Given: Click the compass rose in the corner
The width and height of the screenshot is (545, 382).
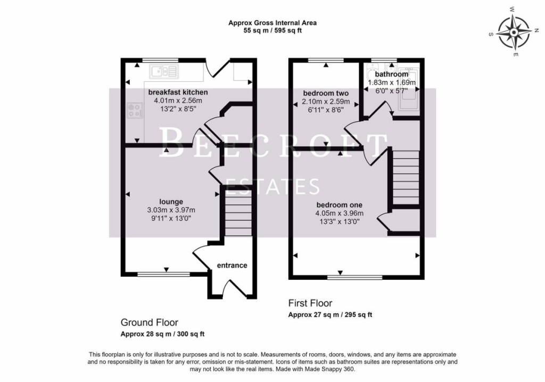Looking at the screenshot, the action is (514, 32).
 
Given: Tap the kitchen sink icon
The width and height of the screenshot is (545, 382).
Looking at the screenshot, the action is (164, 71).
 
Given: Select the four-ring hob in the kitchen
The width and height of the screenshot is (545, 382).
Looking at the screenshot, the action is (135, 110).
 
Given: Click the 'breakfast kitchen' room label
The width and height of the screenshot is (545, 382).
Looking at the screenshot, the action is (178, 92).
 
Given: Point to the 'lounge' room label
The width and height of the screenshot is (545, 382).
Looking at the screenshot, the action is (171, 202).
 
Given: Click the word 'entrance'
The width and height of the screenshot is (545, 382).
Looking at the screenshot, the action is (232, 265).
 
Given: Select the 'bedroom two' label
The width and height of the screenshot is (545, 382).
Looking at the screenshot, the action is (326, 93).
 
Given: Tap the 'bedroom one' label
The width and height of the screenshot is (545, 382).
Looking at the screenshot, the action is (339, 205).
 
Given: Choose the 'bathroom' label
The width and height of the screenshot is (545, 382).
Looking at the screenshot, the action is (391, 74).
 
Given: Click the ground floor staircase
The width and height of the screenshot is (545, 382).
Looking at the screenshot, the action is (238, 213).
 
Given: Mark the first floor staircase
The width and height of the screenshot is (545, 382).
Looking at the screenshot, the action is (406, 178).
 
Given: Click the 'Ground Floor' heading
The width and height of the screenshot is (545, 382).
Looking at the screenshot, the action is (150, 322).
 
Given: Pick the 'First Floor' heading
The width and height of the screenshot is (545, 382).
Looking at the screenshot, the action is (310, 303).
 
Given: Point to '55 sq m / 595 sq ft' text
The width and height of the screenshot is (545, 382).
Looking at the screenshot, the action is (272, 30).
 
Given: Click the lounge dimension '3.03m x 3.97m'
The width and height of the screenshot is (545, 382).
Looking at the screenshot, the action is (171, 210).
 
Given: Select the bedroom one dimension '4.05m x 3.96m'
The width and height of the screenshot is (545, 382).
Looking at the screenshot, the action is (339, 213).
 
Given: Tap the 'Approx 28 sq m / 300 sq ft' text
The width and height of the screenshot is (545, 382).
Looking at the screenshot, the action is (162, 334).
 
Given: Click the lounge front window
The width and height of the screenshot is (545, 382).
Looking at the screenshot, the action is (164, 274).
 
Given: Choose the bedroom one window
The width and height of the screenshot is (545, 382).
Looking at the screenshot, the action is (355, 277).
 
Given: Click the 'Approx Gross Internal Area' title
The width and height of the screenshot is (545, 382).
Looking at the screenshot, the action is (272, 23).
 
